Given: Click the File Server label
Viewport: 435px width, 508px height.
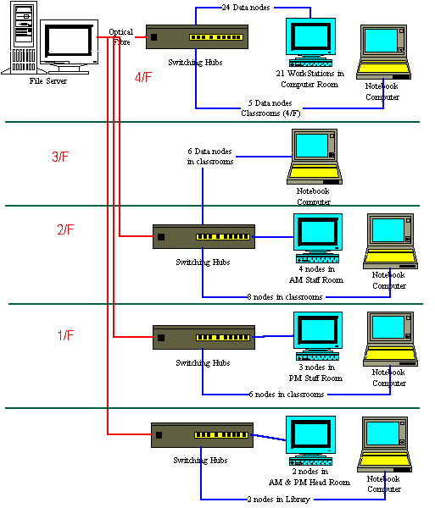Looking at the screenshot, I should point(47,81).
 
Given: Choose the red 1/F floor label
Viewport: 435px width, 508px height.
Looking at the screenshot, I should point(65,336).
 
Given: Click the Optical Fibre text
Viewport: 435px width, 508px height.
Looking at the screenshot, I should point(120,36).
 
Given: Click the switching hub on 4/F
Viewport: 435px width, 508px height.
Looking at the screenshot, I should point(199,37).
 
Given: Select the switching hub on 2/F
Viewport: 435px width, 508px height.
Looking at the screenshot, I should point(204,236).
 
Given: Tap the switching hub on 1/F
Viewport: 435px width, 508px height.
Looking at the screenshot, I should point(204,337).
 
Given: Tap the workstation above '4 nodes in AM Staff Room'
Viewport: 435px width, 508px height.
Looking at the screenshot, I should point(318,237).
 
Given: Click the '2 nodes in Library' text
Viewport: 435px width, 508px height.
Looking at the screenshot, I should point(277,500).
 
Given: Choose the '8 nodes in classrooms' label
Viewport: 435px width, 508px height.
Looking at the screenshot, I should point(284,297).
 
